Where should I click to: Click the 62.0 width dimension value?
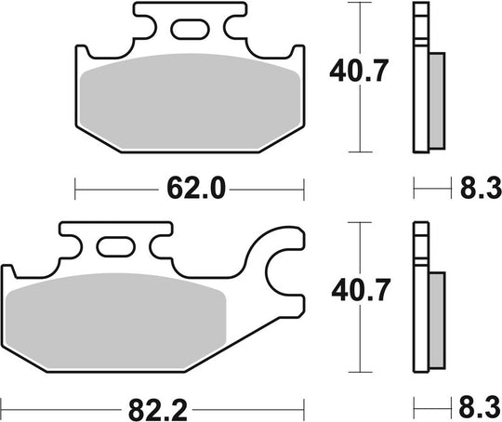coord(192,191)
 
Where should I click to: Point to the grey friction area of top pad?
coord(192,103)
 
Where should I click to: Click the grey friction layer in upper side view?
coord(436,97)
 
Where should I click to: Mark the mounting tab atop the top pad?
coord(192,23)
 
